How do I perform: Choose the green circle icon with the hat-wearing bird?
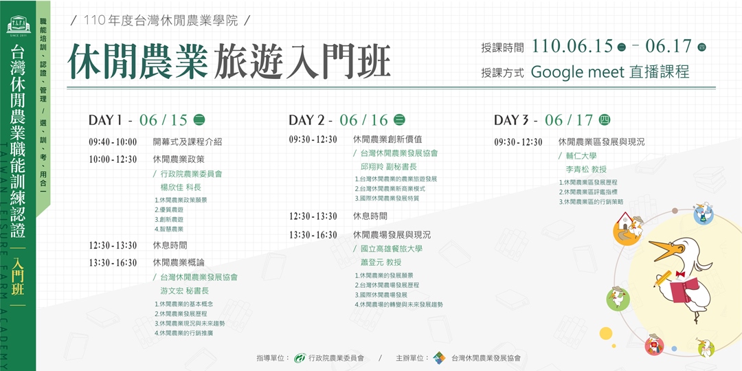(x=618, y=298)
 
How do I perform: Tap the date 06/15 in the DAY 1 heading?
(x=163, y=120)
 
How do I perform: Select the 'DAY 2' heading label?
(x=311, y=120)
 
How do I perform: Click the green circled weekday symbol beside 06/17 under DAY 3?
(x=605, y=120)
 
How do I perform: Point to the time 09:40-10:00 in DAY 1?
(x=113, y=142)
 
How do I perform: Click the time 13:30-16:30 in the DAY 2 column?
(x=313, y=235)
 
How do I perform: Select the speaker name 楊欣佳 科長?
(x=181, y=187)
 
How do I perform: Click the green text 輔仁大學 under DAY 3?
(x=581, y=156)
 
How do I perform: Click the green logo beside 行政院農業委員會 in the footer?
(x=299, y=358)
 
